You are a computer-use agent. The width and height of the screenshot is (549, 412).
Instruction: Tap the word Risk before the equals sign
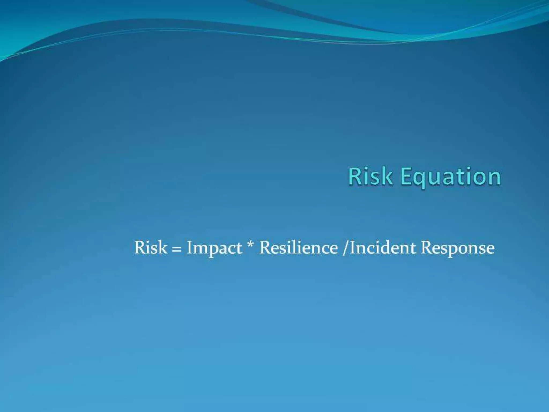(150, 247)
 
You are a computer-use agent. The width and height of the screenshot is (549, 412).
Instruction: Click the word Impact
(214, 248)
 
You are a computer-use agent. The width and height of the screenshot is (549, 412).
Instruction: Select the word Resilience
(298, 247)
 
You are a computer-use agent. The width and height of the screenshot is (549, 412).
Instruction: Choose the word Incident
(383, 247)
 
